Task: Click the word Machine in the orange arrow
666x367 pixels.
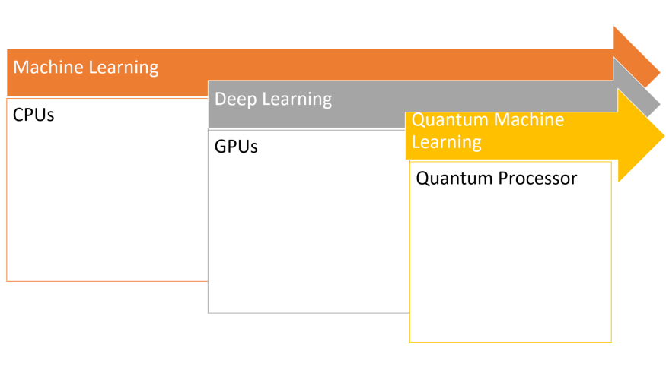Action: point(49,67)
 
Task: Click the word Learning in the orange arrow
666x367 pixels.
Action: point(123,68)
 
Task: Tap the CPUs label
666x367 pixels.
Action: point(33,116)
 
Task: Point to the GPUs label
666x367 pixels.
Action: point(236,147)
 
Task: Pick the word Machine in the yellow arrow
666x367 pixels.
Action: point(527,120)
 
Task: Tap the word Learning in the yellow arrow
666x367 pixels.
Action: point(447,142)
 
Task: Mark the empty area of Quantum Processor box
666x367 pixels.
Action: point(510,266)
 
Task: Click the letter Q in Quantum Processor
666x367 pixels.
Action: point(422,179)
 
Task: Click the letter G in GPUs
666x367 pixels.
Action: point(221,147)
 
